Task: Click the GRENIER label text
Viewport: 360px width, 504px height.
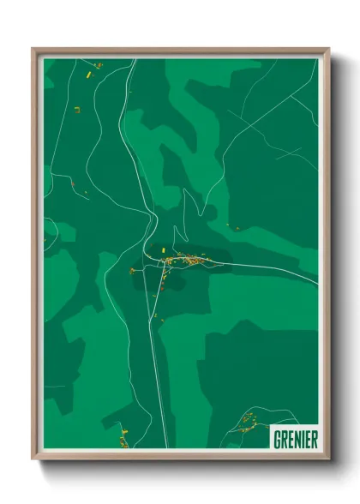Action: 296,440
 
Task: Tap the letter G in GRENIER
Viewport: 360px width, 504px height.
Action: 276,440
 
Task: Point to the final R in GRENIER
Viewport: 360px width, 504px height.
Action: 315,440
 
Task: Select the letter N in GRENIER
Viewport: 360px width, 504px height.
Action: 296,440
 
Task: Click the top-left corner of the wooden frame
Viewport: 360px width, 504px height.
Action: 33,50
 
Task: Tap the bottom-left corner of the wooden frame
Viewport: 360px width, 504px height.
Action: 33,459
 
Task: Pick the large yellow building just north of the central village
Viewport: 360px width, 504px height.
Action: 159,250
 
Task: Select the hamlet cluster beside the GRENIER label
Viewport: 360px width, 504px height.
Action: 248,421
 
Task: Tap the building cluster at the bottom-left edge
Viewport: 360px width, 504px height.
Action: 123,439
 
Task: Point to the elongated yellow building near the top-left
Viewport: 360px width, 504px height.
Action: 88,75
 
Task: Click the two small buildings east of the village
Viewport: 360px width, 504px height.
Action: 233,226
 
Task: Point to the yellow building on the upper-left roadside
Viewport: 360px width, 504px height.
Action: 76,109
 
